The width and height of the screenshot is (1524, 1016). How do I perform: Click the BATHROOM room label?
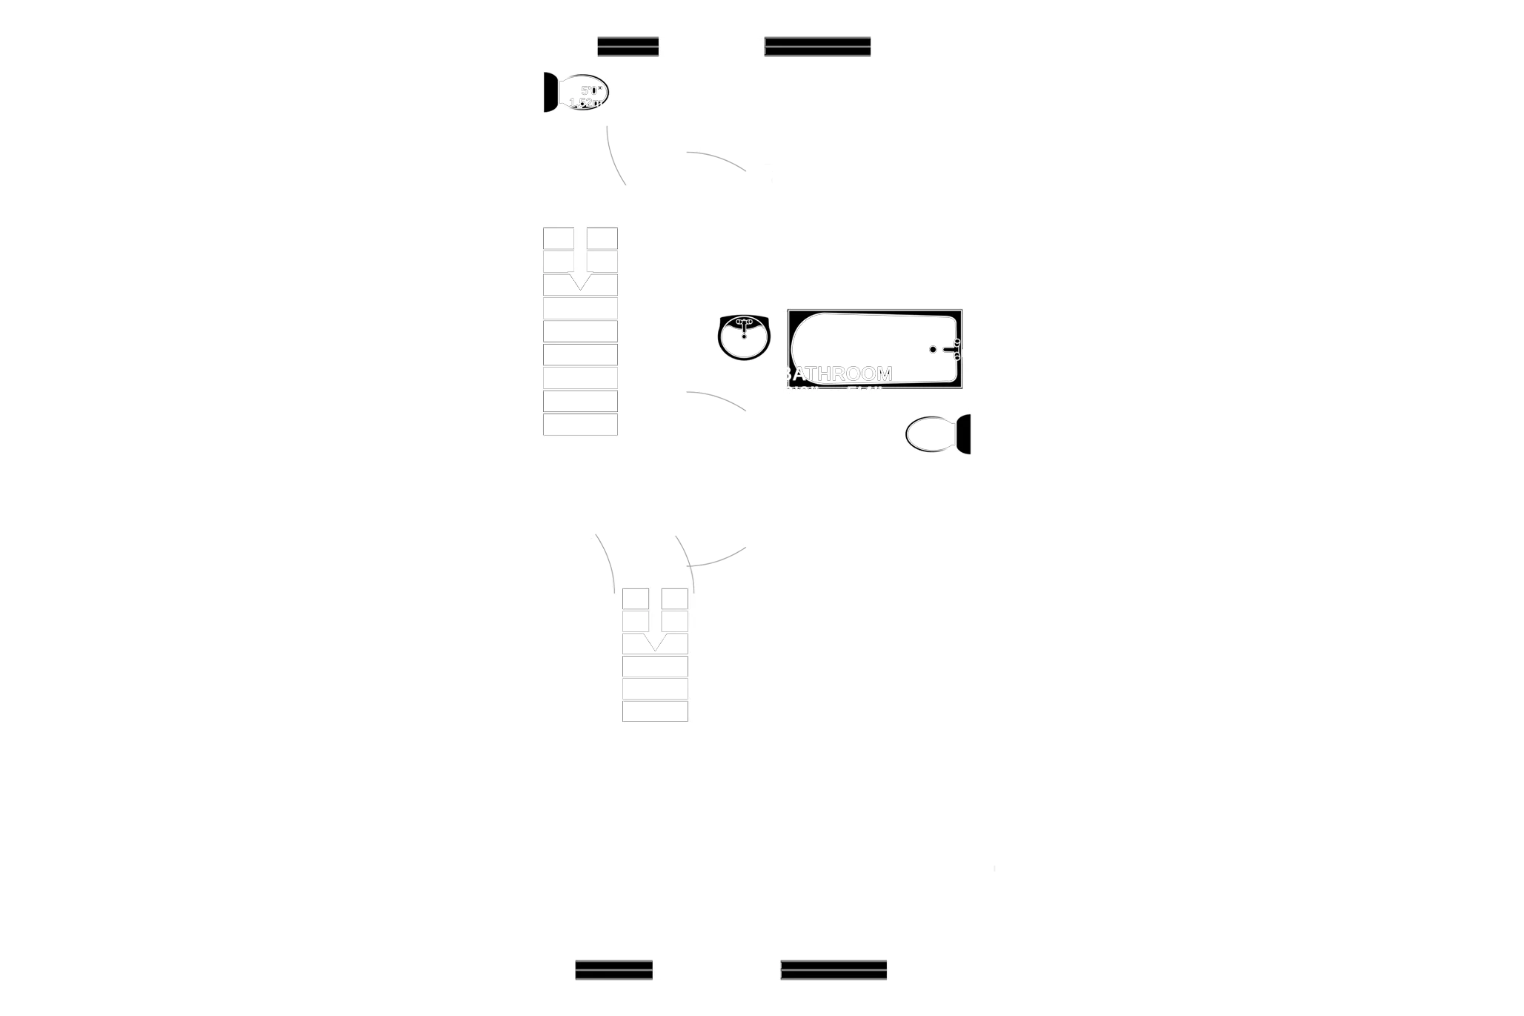click(836, 373)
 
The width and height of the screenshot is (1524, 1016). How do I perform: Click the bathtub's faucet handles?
click(956, 349)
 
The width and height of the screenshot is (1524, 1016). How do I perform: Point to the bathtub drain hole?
click(933, 349)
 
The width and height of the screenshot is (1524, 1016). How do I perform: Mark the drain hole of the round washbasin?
click(743, 338)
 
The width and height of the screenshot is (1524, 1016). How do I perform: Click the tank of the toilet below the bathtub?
click(964, 434)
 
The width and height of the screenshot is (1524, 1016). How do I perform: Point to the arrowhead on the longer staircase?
click(580, 282)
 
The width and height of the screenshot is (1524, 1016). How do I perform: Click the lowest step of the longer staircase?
click(580, 425)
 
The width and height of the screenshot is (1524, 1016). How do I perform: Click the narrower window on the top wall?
click(628, 47)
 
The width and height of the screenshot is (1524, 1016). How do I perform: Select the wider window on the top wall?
click(817, 47)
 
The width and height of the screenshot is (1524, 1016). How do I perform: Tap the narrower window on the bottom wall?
click(613, 969)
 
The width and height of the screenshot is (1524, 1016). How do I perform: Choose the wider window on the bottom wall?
click(833, 969)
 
